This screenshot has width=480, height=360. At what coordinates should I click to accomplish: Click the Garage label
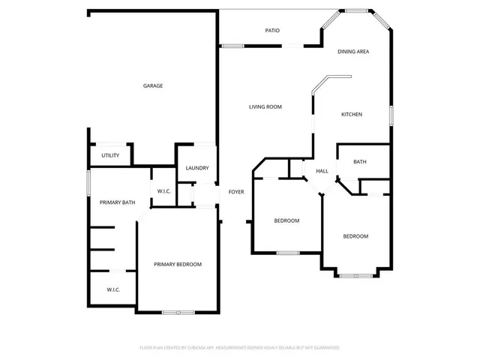(x=153, y=85)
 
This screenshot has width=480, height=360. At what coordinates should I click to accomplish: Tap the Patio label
(x=272, y=31)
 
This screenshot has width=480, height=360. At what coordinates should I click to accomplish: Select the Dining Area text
(x=352, y=52)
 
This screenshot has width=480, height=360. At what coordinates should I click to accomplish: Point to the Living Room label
(x=265, y=107)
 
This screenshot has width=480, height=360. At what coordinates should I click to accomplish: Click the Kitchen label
(x=352, y=114)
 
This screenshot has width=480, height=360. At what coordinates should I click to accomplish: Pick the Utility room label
(x=110, y=155)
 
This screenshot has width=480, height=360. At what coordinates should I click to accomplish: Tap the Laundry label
(x=197, y=168)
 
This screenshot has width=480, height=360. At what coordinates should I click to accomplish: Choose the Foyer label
(x=236, y=191)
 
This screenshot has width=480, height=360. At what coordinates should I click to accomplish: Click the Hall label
(x=322, y=171)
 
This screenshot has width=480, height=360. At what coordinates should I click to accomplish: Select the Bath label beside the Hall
(x=360, y=161)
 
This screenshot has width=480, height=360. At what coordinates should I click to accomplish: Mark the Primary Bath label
(x=118, y=202)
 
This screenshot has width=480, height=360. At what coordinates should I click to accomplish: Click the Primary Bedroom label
(x=178, y=264)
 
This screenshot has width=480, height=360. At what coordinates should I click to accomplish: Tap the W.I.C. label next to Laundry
(x=164, y=191)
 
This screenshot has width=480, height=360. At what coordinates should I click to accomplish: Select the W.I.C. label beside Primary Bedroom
(x=113, y=289)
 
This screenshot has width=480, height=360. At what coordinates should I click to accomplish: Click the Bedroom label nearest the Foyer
(x=286, y=220)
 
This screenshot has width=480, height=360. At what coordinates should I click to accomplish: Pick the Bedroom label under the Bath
(x=355, y=236)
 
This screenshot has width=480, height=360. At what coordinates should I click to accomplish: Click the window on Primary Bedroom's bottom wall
(x=178, y=312)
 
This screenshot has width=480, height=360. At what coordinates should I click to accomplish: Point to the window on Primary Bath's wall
(x=89, y=182)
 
